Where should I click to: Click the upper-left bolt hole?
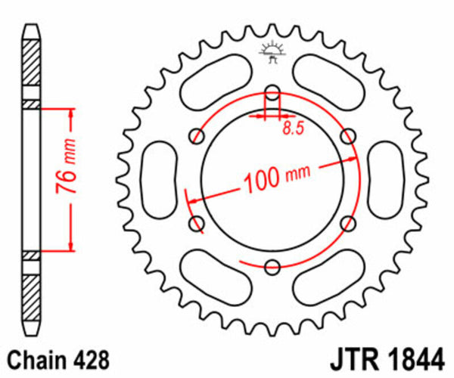tap(198, 136)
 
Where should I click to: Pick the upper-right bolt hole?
tap(348, 136)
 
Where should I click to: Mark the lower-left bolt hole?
tap(198, 224)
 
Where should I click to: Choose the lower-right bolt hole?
tap(348, 224)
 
